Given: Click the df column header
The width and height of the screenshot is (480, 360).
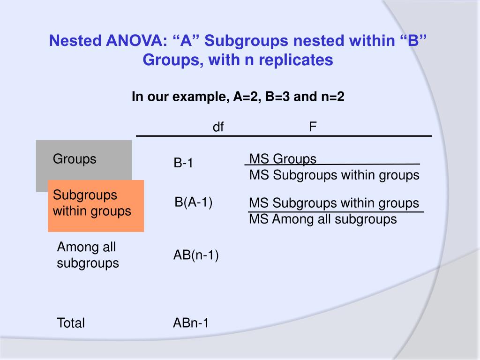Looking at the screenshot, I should tap(218, 127).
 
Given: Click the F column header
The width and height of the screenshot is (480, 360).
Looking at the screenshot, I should tap(313, 127).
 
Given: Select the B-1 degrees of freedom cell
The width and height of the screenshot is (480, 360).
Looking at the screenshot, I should tap(183, 163).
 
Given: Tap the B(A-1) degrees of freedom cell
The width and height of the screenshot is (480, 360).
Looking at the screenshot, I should tap(194, 202).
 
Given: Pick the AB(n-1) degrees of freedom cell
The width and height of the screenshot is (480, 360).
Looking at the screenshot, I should tap(196, 255).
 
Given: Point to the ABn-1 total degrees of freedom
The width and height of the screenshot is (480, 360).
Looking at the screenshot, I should tap(191, 323).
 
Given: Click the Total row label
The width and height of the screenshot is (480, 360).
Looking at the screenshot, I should tap(71, 323).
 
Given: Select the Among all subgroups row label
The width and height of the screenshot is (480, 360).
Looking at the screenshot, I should tap(88, 255).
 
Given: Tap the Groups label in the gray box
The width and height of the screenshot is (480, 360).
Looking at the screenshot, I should tap(75, 159).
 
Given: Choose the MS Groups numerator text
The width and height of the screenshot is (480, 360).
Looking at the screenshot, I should tap(283, 159).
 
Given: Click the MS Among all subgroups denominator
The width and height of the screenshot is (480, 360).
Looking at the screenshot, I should tap(322, 219).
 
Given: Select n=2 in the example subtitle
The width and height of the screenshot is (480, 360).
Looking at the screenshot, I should tap(334, 97).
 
